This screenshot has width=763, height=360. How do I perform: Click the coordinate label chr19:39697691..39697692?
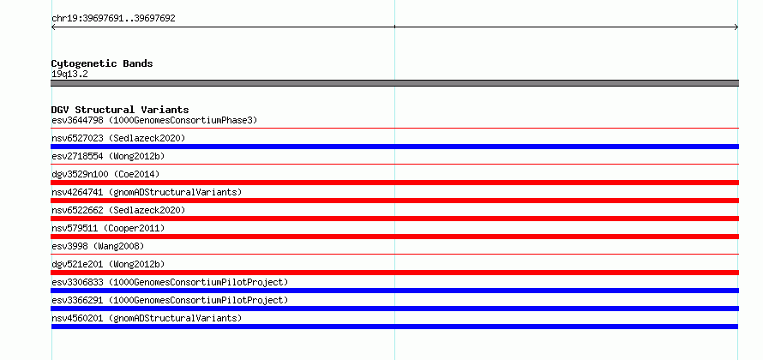pyautogui.click(x=113, y=19)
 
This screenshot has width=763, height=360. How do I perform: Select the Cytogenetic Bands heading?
pyautogui.click(x=102, y=63)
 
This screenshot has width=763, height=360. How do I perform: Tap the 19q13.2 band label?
pyautogui.click(x=69, y=75)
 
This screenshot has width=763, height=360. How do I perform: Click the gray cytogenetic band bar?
pyautogui.click(x=394, y=83)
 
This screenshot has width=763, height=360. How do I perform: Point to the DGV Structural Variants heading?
pyautogui.click(x=120, y=110)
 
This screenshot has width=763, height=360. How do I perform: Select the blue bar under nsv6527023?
pyautogui.click(x=394, y=147)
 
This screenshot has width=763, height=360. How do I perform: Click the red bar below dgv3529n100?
pyautogui.click(x=394, y=183)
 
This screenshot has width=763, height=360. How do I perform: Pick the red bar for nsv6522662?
pyautogui.click(x=394, y=219)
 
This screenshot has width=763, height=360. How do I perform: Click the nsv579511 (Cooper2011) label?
pyautogui.click(x=108, y=228)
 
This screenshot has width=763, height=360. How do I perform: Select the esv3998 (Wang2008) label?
pyautogui.click(x=98, y=246)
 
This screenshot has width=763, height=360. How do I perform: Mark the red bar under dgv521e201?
pyautogui.click(x=394, y=273)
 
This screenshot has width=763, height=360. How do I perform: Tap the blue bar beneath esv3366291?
pyautogui.click(x=394, y=309)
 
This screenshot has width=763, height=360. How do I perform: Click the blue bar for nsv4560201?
pyautogui.click(x=394, y=327)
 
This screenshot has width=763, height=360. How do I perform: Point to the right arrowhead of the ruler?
pyautogui.click(x=737, y=27)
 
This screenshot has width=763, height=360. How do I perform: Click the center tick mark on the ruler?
pyautogui.click(x=394, y=27)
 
